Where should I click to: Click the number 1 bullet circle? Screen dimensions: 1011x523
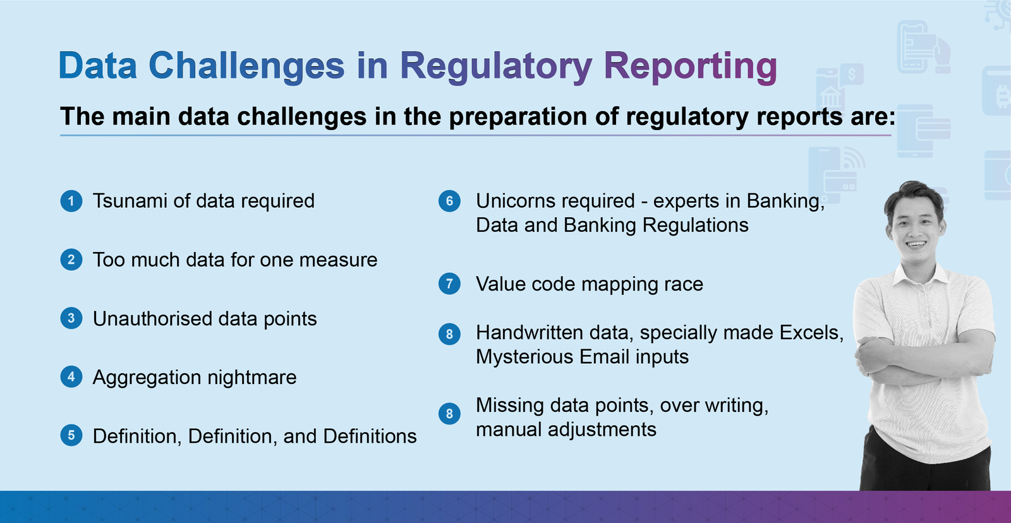pos(71,201)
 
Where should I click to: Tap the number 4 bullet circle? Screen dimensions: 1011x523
pos(71,377)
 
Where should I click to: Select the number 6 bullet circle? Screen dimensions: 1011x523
pos(449,201)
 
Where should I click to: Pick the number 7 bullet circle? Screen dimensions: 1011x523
pos(449,284)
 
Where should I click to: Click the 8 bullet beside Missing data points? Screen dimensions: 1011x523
pos(449,413)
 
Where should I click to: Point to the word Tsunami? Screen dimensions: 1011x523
pos(130,201)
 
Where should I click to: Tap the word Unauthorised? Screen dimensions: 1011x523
pos(152,318)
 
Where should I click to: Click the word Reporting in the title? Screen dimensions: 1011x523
pos(691,67)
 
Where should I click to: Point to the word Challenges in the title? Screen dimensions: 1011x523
pos(246,67)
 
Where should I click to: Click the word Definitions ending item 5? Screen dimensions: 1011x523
pos(370,436)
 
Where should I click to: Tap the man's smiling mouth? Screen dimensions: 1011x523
pos(916,244)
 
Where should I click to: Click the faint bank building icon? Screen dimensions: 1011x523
pos(830,97)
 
